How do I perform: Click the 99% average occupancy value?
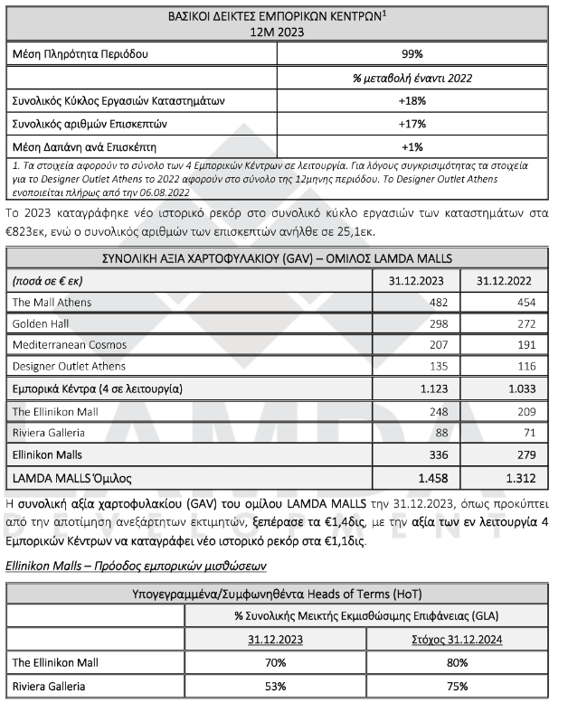point(412,54)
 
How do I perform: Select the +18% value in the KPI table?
point(412,99)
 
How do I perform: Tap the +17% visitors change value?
point(412,122)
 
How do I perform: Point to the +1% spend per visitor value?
point(412,145)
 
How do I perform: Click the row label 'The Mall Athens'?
point(52,302)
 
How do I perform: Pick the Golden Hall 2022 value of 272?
point(533,323)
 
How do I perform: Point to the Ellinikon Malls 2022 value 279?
point(533,453)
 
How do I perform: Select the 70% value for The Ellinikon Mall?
point(276,662)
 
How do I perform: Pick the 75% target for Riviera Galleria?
point(459,686)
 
